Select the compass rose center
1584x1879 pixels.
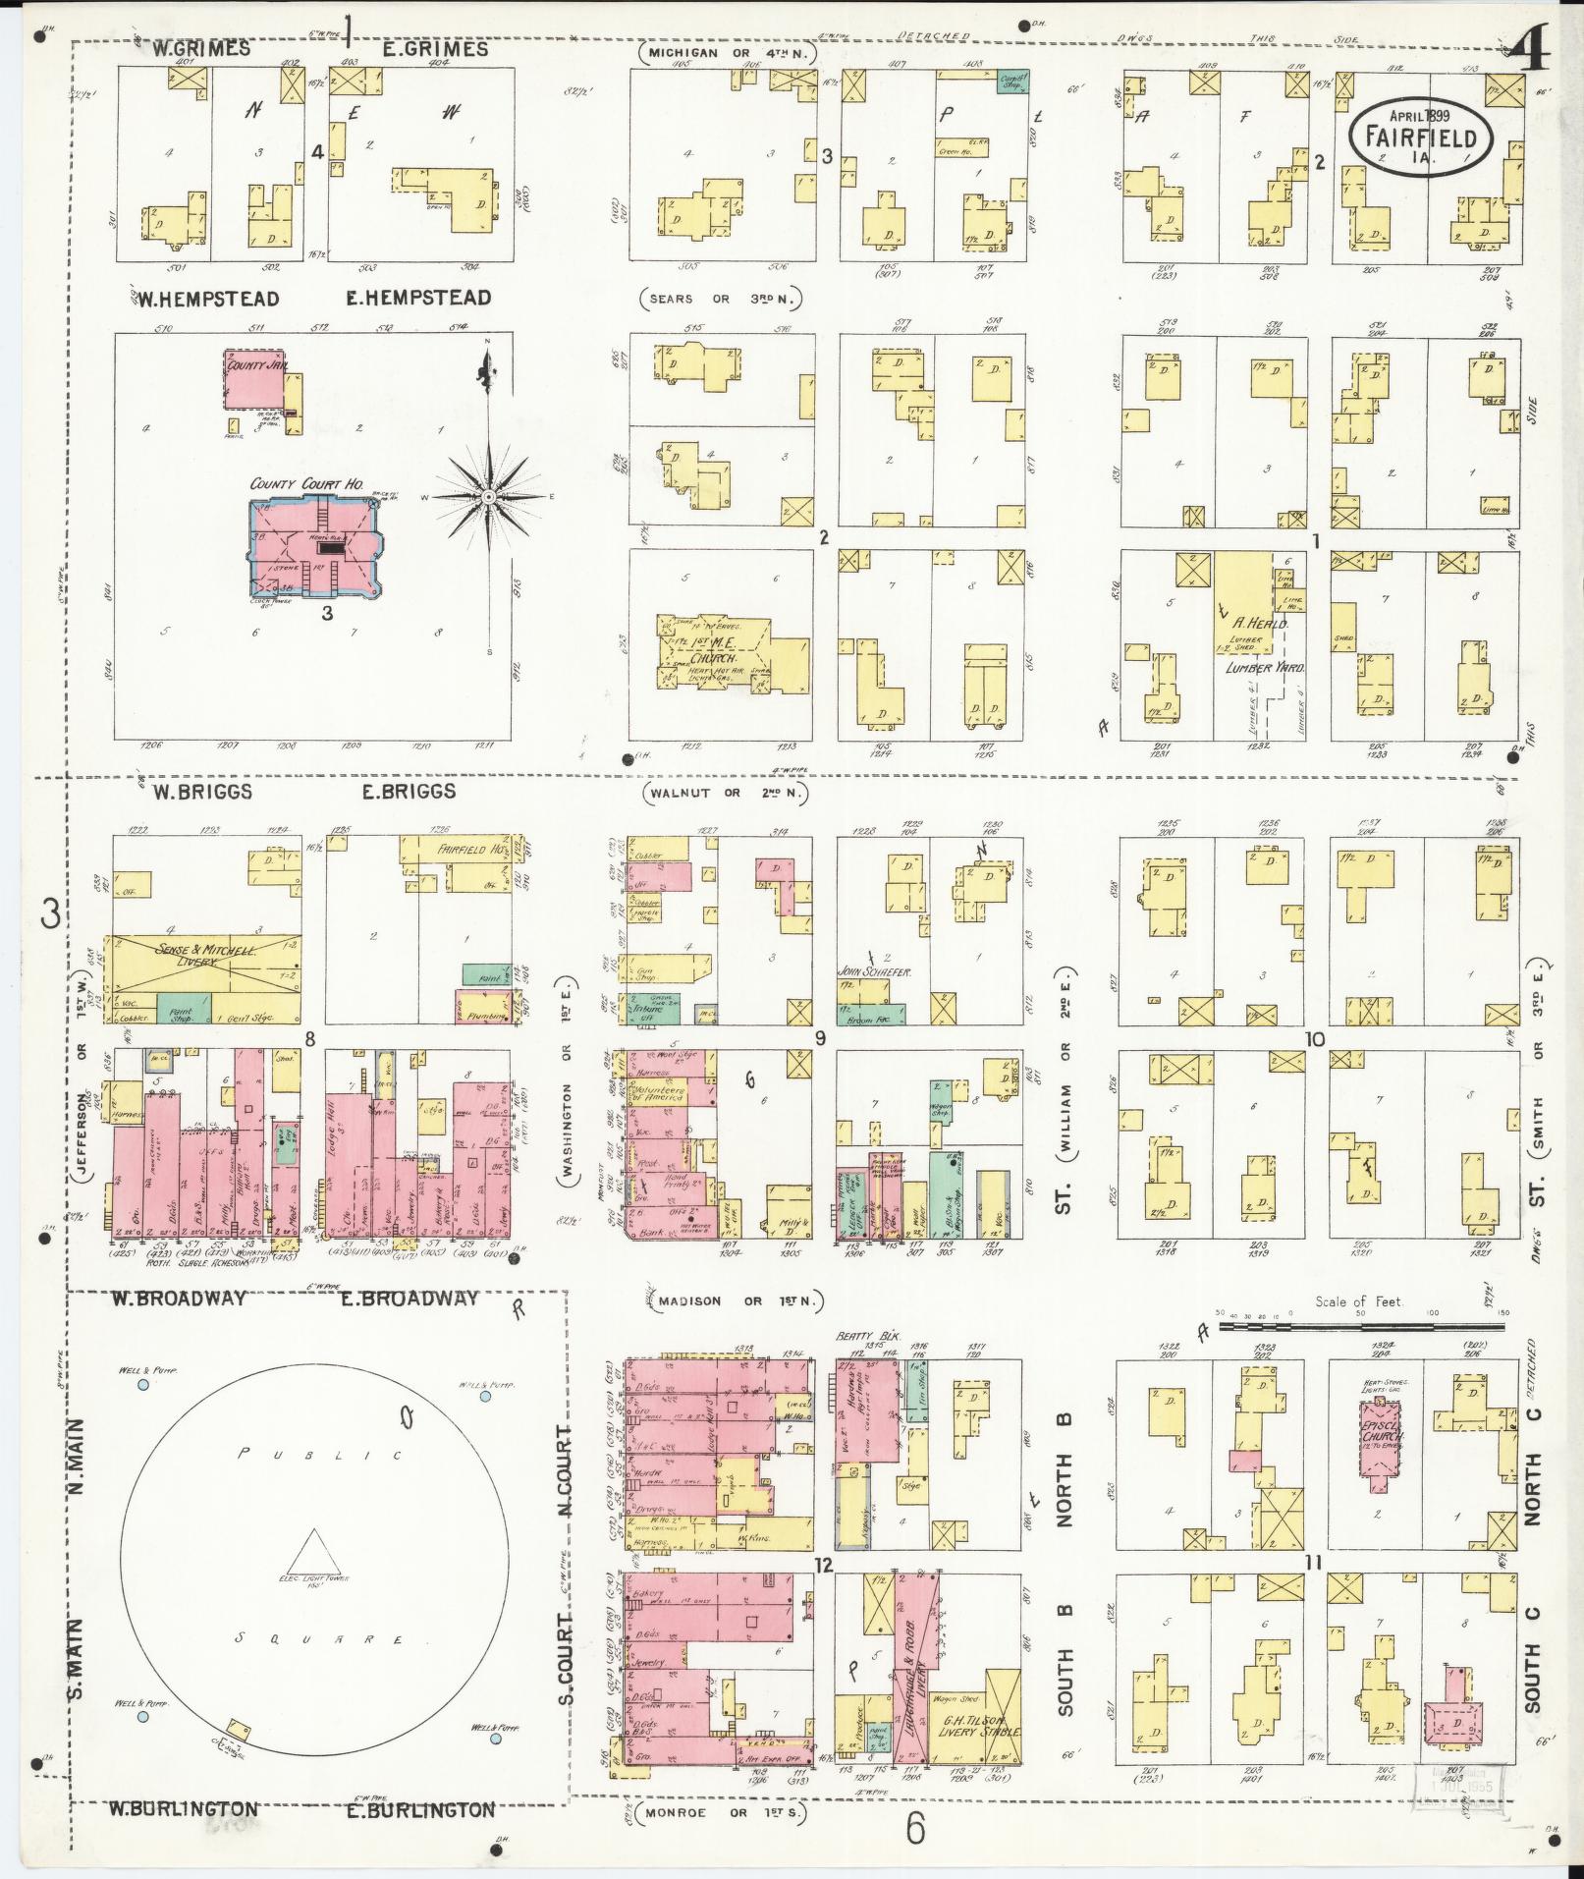(488, 498)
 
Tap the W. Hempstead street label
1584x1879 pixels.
(201, 299)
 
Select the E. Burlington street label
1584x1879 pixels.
(421, 1809)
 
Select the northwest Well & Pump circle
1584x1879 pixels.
(143, 1384)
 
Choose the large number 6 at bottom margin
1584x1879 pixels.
(915, 1827)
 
